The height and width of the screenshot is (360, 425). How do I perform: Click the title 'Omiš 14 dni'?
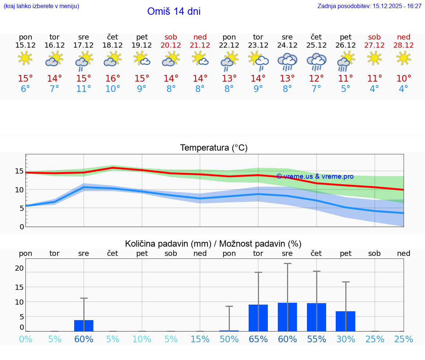point(174,11)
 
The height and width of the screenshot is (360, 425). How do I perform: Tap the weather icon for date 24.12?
point(287,62)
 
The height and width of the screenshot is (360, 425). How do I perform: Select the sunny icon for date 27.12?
point(374,58)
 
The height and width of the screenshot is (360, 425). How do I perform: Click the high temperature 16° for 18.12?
point(113,79)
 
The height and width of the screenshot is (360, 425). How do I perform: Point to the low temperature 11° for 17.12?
point(84,89)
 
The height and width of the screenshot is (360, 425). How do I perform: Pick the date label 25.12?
point(316,45)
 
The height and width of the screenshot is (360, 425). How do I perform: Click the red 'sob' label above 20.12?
point(171,37)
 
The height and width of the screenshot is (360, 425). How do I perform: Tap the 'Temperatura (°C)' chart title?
point(214,148)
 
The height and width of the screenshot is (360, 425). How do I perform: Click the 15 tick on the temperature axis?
point(20,171)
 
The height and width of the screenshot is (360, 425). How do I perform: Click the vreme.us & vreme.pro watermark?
point(315,176)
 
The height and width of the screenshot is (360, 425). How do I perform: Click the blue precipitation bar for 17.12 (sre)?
point(84,326)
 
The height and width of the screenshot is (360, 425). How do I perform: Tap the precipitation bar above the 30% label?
point(345,321)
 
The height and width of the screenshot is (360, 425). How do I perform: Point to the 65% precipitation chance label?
point(258,339)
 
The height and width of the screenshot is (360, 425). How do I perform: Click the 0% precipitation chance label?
point(25,339)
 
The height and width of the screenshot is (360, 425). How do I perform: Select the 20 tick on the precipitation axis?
point(20,268)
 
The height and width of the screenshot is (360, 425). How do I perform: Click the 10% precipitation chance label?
point(142,339)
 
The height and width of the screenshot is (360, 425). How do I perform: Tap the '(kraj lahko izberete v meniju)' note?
point(41,6)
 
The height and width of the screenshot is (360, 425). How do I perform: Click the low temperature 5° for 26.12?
point(345,89)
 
